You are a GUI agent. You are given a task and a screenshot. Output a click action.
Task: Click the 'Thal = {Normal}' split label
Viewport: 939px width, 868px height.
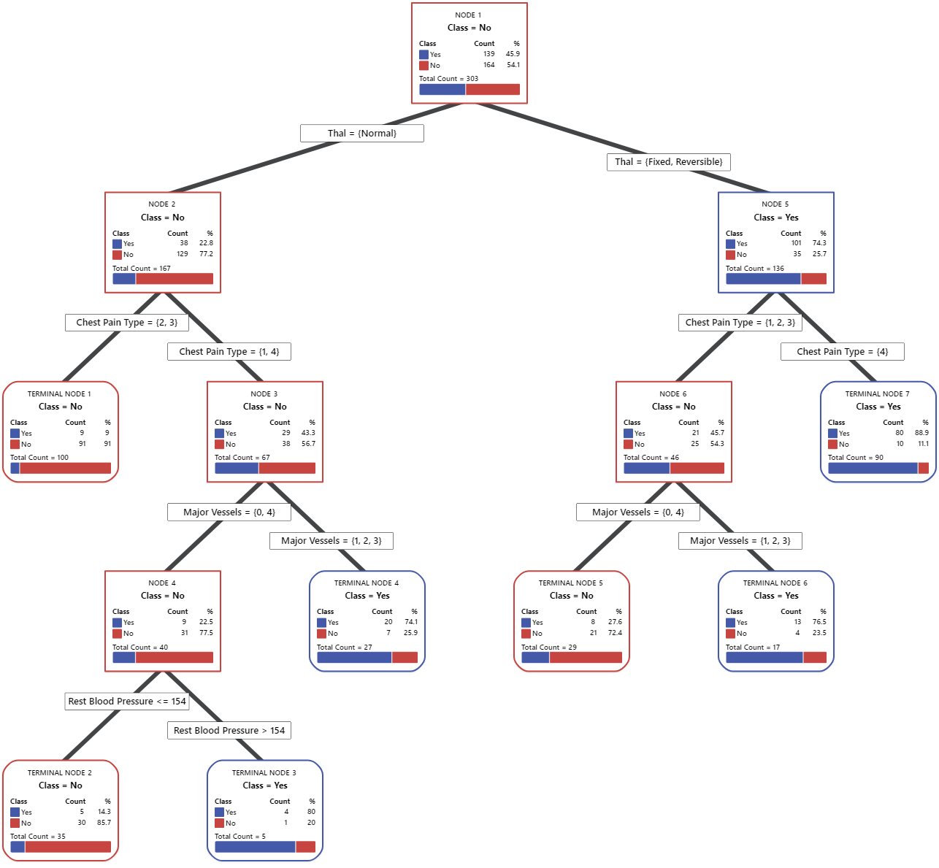(x=362, y=133)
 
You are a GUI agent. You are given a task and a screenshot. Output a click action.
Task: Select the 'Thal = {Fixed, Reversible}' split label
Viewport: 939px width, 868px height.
(x=668, y=162)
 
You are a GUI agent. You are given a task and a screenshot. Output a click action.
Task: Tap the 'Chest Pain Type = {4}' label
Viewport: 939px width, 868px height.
(x=842, y=352)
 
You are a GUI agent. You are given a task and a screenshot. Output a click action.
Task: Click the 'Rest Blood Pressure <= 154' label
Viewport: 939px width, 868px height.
(x=127, y=702)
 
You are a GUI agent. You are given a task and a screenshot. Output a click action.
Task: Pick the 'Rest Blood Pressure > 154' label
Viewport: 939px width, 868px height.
(x=229, y=731)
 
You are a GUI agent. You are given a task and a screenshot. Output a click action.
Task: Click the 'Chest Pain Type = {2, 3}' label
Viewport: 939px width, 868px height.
(x=127, y=323)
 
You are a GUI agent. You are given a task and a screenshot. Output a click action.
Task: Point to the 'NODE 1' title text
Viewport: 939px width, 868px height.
(x=468, y=15)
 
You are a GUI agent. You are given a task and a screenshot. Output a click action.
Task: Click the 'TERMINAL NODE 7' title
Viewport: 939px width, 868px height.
(x=877, y=394)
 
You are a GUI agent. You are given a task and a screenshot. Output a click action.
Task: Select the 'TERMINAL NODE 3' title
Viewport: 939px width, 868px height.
(x=264, y=773)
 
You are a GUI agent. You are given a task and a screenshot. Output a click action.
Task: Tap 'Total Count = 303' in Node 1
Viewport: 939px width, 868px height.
(x=448, y=79)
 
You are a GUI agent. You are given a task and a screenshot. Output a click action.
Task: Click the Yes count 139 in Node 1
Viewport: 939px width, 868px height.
(x=488, y=54)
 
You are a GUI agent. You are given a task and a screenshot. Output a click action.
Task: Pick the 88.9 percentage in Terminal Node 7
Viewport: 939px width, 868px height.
(x=921, y=433)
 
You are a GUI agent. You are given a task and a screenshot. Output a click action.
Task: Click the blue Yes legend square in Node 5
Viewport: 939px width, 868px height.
(x=730, y=244)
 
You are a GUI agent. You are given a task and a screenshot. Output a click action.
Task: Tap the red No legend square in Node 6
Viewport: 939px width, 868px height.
(x=628, y=444)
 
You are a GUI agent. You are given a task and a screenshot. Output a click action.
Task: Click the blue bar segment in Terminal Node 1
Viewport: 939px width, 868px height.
(x=15, y=469)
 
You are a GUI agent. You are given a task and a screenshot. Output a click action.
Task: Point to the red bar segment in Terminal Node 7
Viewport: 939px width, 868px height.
(x=923, y=469)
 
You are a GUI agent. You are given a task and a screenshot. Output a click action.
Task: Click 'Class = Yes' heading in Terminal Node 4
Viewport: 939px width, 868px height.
(x=367, y=596)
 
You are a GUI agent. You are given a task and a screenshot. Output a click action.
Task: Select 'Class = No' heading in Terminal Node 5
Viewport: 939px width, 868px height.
(x=571, y=596)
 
